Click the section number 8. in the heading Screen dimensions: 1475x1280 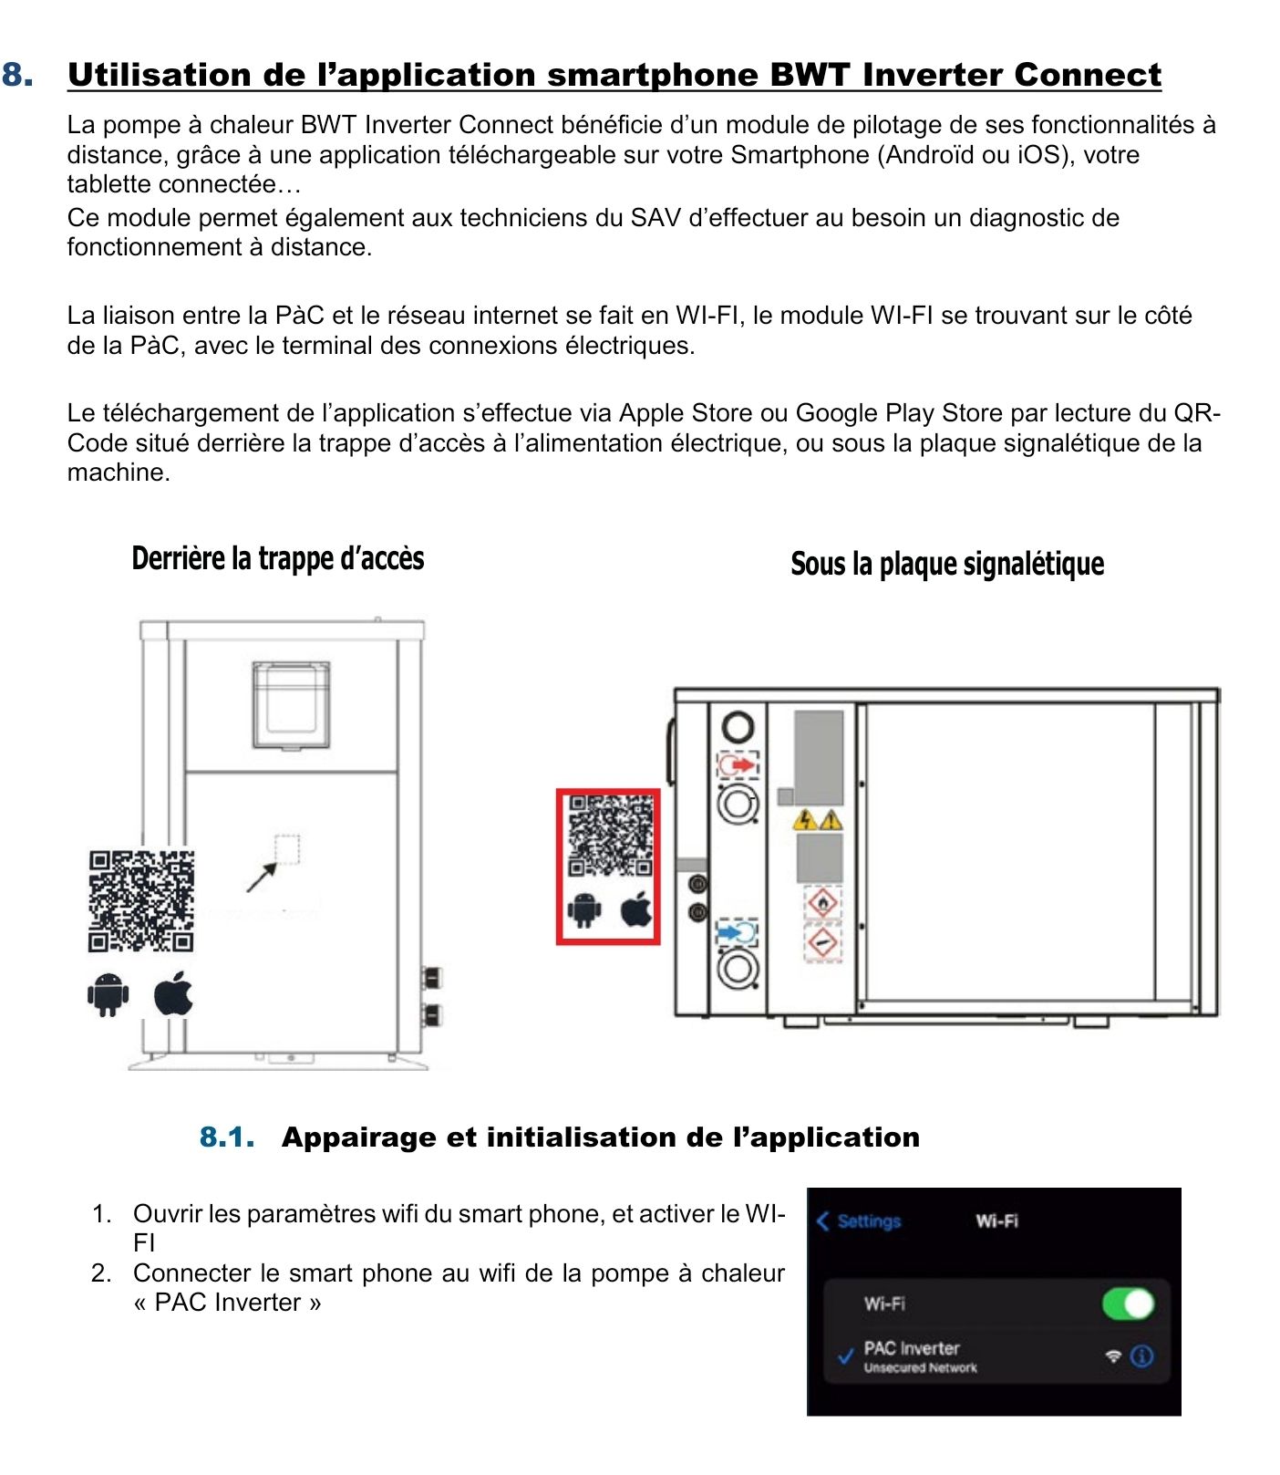18,75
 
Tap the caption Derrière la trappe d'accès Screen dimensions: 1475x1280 278,558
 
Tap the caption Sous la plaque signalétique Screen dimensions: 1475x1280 947,564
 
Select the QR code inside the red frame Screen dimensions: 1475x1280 611,836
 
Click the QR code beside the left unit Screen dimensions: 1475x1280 141,901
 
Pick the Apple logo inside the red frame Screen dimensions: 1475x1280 637,909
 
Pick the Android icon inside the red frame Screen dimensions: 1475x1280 584,909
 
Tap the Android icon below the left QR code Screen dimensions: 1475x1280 108,994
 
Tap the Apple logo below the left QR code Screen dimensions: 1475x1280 173,993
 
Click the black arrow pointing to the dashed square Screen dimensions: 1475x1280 262,878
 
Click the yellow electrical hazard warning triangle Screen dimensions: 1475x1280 805,819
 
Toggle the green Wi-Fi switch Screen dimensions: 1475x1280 1128,1304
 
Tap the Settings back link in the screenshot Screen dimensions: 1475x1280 860,1221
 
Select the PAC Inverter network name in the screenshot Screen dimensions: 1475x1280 912,1348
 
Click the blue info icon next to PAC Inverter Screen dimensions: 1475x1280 1141,1356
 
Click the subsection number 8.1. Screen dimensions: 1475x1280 226,1137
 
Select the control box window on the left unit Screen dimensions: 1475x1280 291,704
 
